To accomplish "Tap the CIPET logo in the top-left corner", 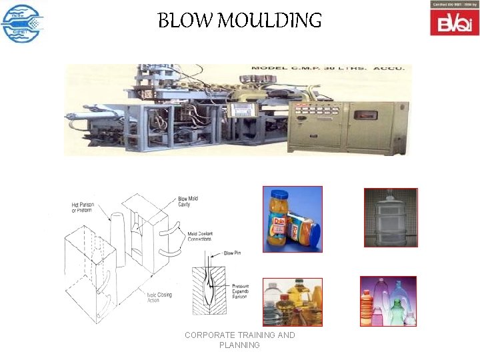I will pos(21,23).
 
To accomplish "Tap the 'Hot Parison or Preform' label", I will pos(82,207).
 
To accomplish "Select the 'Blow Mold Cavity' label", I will pos(188,202).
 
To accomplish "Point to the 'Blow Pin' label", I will pos(233,253).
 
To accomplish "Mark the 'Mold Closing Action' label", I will pos(160,296).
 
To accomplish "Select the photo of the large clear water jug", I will pos(391,217).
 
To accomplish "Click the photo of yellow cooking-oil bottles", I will pos(292,302).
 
